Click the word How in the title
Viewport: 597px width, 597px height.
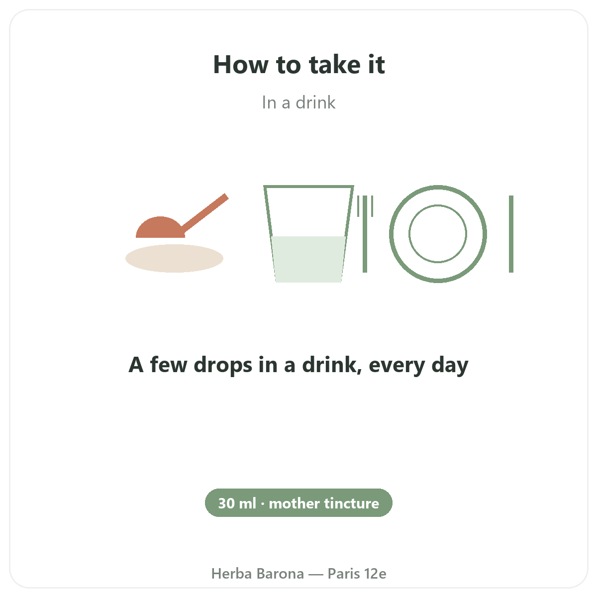(x=241, y=65)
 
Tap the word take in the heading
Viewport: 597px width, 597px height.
(x=335, y=65)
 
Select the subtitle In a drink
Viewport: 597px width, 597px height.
(x=298, y=102)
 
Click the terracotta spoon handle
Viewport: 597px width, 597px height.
(x=205, y=213)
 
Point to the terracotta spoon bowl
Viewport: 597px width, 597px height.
(x=161, y=228)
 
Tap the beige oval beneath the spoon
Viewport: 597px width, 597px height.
(x=174, y=258)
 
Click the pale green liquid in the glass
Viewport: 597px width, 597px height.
(x=308, y=259)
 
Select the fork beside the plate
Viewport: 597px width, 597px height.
(x=365, y=234)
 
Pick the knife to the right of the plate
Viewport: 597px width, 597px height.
(x=511, y=234)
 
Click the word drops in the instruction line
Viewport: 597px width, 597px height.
(x=223, y=365)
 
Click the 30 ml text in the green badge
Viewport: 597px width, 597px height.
(x=237, y=503)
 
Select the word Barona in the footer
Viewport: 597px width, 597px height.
(x=280, y=574)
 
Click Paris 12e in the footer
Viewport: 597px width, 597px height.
(x=357, y=574)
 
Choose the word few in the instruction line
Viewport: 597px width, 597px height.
(x=169, y=365)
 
